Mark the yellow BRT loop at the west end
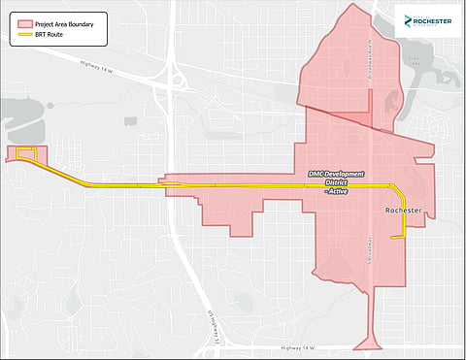pyautogui.click(x=26, y=155)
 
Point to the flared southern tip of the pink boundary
pyautogui.click(x=373, y=342)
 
